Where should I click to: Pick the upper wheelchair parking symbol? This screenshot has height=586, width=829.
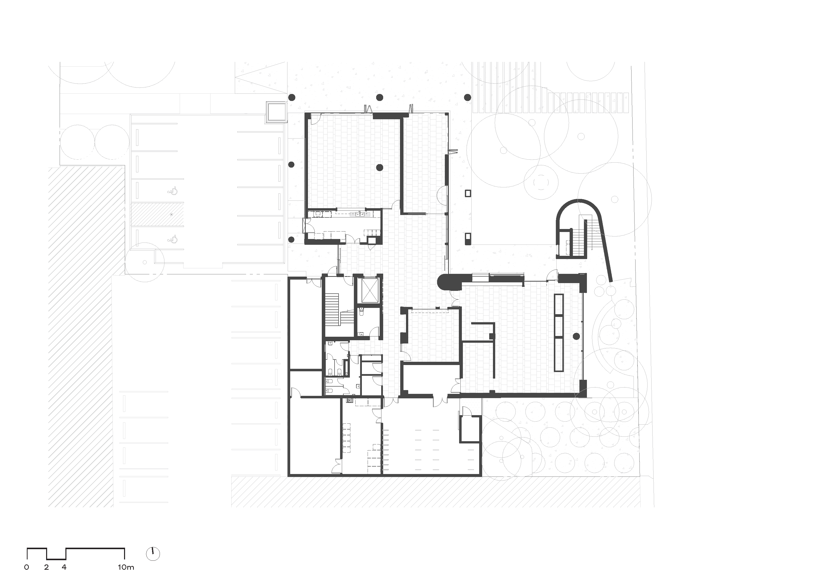[x=173, y=190]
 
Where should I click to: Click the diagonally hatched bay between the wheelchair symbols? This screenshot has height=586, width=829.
[x=157, y=214]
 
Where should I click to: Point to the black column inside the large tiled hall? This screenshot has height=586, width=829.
[x=379, y=167]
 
